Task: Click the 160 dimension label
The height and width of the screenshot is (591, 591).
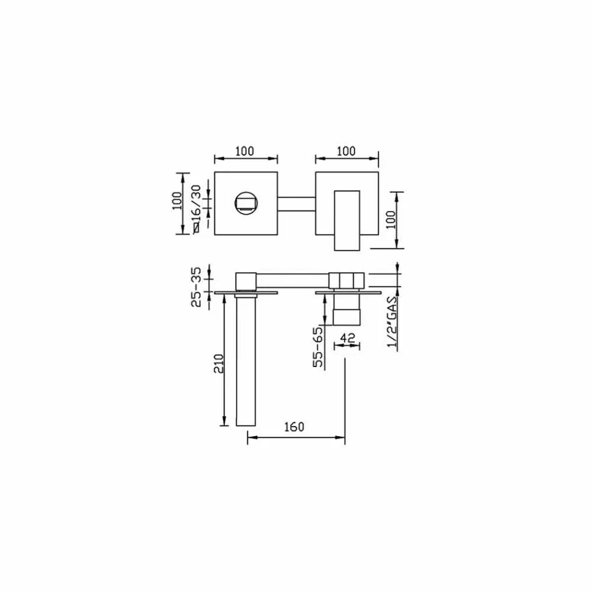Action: click(294, 427)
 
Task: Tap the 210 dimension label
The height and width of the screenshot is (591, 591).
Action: click(218, 363)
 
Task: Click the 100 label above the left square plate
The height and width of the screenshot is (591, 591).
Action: click(245, 151)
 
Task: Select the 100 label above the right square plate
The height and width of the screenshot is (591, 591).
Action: click(346, 151)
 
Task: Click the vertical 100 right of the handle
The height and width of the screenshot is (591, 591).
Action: click(391, 220)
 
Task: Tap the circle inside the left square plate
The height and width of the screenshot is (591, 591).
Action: click(246, 203)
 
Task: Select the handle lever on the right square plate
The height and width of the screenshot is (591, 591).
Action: click(347, 218)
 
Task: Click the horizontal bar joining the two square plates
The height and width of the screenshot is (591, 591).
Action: click(297, 205)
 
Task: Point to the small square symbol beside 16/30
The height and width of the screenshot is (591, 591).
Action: click(197, 228)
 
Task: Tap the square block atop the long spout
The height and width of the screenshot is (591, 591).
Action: click(246, 281)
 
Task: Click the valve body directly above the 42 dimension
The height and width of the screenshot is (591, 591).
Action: click(347, 309)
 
